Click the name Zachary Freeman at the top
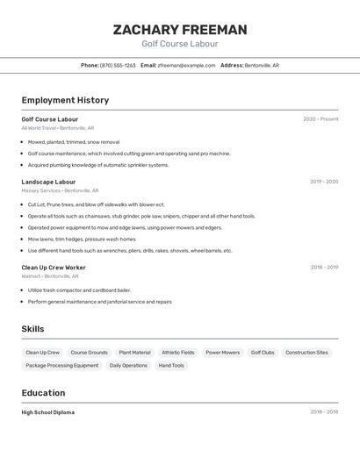coord(180,30)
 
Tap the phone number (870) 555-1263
coord(118,65)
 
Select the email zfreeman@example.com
coord(186,65)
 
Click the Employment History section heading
coord(65,100)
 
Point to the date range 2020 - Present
coord(320,119)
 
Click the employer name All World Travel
coord(39,128)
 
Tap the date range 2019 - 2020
coord(323,182)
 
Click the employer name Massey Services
coord(41,190)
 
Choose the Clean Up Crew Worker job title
coord(54,267)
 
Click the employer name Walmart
coord(32,275)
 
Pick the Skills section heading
coord(33,329)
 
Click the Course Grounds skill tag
coord(89,353)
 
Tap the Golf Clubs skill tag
coord(263,353)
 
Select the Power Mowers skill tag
coord(223,353)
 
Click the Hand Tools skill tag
coord(171,366)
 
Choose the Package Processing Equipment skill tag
coord(62,366)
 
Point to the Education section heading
coord(43,393)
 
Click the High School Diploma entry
coord(48,412)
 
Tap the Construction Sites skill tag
coord(306,353)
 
